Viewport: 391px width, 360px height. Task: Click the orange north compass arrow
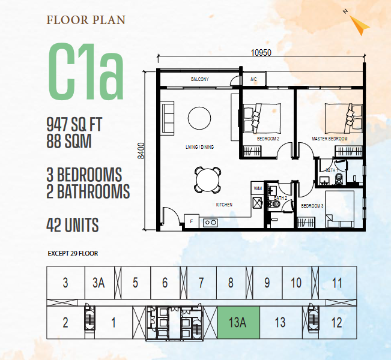(359, 25)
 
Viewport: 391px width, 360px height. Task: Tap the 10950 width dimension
(261, 53)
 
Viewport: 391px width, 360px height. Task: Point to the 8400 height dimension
(141, 151)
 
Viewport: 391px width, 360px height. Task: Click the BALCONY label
(200, 79)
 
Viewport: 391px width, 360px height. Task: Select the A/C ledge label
(253, 79)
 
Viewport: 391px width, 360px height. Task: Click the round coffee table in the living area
(199, 118)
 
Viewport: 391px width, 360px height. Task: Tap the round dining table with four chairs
(207, 180)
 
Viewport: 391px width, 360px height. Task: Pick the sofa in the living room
(168, 118)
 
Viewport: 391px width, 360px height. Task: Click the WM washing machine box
(257, 188)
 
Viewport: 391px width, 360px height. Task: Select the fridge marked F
(192, 221)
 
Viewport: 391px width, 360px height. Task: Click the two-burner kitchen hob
(210, 223)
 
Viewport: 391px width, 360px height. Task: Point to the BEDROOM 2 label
(268, 139)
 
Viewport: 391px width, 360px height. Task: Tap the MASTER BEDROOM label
(330, 139)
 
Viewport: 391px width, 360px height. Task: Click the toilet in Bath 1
(339, 178)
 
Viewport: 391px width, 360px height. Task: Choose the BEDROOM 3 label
(312, 206)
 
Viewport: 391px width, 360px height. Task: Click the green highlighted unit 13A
(238, 323)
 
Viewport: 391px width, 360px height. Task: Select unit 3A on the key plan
(99, 283)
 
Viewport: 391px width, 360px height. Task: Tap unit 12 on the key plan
(336, 323)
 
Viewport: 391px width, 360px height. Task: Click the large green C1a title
(86, 71)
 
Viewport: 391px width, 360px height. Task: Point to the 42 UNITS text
(73, 225)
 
